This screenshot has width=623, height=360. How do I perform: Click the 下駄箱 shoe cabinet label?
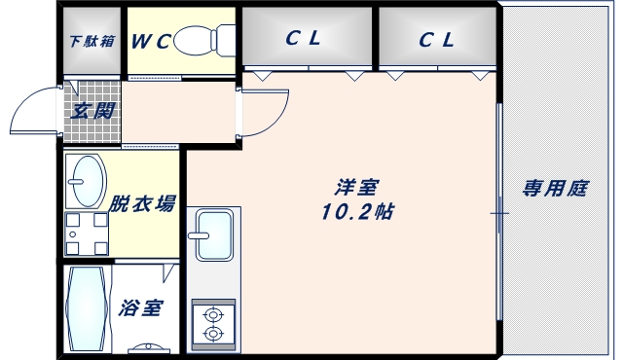92,42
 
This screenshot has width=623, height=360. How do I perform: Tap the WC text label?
152,41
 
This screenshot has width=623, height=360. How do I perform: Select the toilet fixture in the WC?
206,40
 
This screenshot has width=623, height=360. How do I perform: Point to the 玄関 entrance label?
92,110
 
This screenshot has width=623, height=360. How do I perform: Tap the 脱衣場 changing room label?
142,203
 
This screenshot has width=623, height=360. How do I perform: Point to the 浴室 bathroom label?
141,309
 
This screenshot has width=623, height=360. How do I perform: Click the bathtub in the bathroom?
87,310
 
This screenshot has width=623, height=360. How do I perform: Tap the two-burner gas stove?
213,323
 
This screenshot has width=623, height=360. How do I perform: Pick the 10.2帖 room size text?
356,211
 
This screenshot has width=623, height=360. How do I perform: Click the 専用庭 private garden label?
555,189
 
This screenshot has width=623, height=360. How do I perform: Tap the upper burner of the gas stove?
213,313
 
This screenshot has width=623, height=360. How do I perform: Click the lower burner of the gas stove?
213,334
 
